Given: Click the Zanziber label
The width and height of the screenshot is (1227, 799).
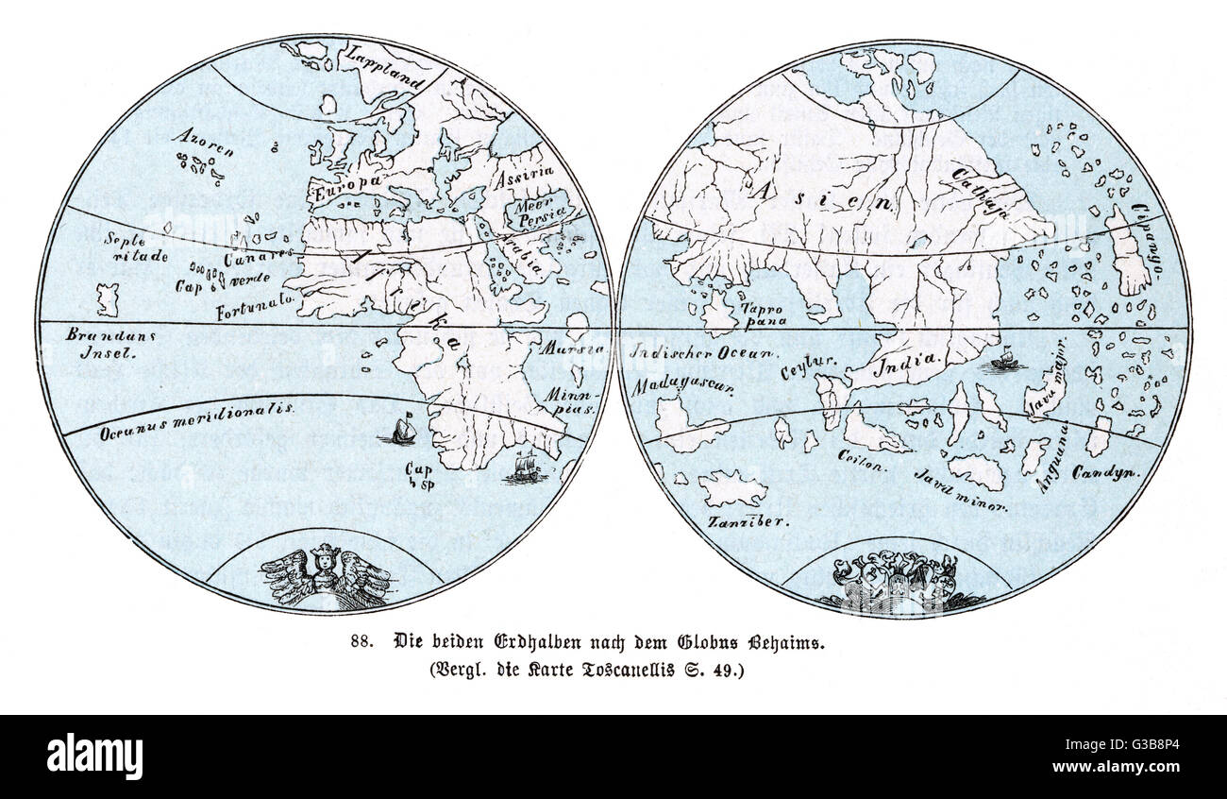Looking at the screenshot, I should pos(746,518).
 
